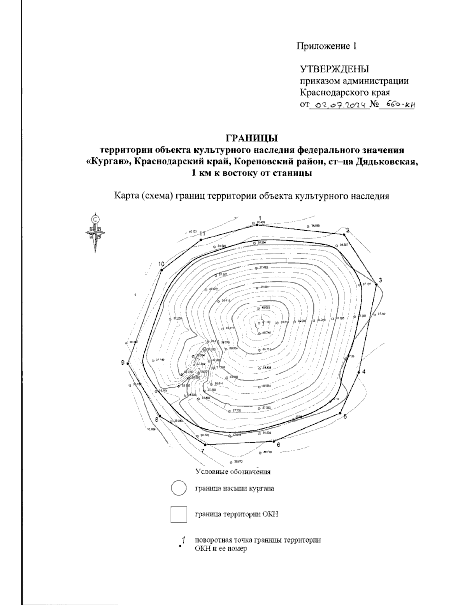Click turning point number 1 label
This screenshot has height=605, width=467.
pyautogui.click(x=260, y=218)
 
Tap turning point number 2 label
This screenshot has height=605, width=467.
pyautogui.click(x=348, y=230)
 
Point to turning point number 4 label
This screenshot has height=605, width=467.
pyautogui.click(x=364, y=372)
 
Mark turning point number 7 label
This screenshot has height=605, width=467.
pyautogui.click(x=202, y=451)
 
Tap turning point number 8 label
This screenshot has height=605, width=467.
pyautogui.click(x=157, y=420)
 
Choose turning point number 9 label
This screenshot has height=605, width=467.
pyautogui.click(x=123, y=363)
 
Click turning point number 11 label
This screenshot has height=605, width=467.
pyautogui.click(x=202, y=233)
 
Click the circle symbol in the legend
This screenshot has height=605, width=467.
pyautogui.click(x=179, y=489)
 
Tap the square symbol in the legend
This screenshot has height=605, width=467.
pyautogui.click(x=179, y=514)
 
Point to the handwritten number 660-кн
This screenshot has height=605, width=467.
pyautogui.click(x=396, y=104)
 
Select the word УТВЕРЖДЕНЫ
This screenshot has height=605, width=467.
pyautogui.click(x=334, y=69)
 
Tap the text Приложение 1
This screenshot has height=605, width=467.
pyautogui.click(x=327, y=46)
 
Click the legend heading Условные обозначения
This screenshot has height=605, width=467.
pyautogui.click(x=233, y=471)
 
